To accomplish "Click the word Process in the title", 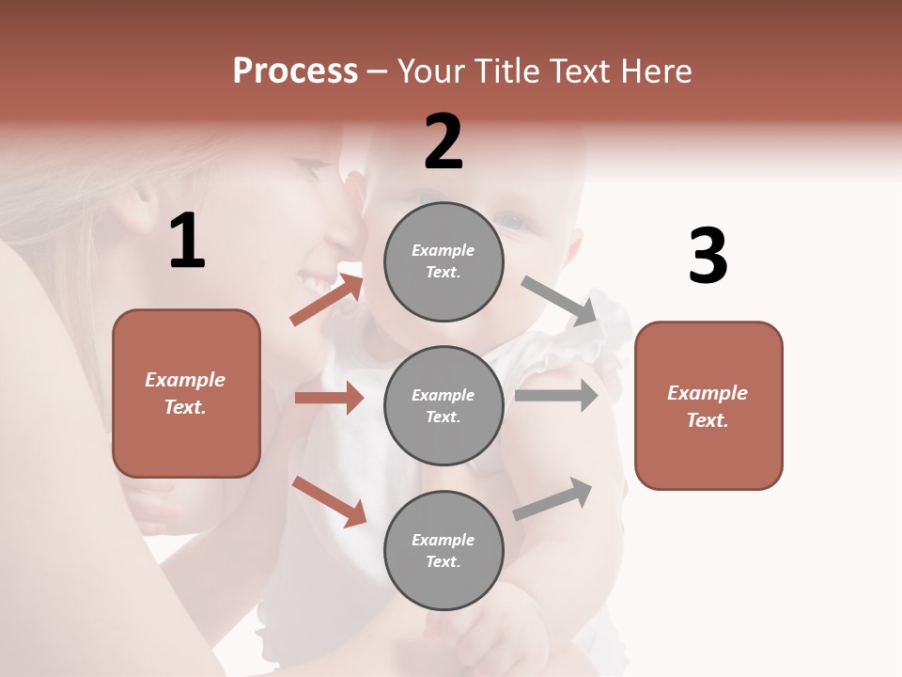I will pos(295,71).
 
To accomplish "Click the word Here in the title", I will pos(653,71).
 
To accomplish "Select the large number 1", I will pos(187,242).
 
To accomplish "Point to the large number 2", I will pos(443,142).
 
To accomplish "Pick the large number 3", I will pos(708,257).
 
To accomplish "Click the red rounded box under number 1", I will pos(186,393).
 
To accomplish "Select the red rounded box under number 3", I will pos(708,405).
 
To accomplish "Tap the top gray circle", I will pos(443,261).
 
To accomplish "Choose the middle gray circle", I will pos(443,405).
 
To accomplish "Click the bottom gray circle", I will pos(443,550).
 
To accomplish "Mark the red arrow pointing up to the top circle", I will pos(326,300).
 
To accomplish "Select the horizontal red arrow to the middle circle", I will pos(329,398).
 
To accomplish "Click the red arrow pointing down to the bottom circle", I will pos(329,501).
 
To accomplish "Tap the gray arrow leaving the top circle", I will pos(560,301).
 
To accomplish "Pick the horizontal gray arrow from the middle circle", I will pos(556,396).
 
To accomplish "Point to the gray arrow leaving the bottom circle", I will pos(552,499).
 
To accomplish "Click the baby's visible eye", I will pos(513,223).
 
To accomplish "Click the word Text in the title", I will pos(585,71).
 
